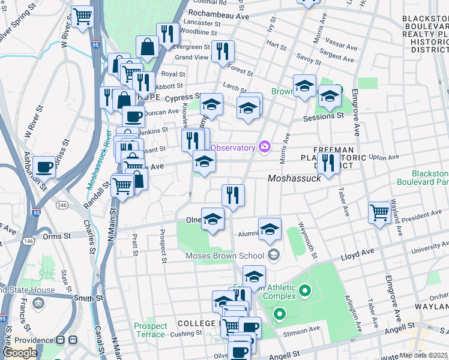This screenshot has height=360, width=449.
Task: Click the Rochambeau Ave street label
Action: tap(218, 16)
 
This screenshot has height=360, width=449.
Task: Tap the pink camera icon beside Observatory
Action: tap(264, 146)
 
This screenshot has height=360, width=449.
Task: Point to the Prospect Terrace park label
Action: tap(150, 330)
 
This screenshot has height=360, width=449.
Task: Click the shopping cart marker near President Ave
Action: tap(379, 212)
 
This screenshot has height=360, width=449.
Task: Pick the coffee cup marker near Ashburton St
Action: tap(44, 166)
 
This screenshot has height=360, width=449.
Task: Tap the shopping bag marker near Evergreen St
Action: tap(147, 46)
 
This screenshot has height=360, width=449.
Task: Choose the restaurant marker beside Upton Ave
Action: tap(328, 161)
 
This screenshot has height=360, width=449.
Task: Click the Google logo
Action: tap(20, 352)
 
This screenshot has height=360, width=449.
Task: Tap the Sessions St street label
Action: tap(327, 116)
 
